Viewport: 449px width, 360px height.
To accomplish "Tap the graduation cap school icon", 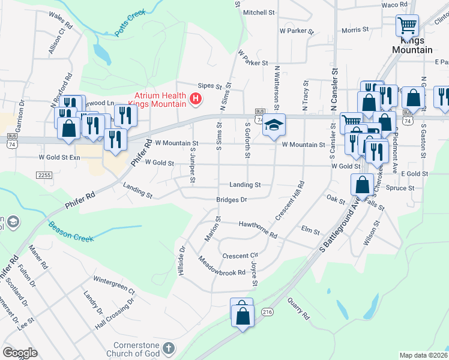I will pos(274,125).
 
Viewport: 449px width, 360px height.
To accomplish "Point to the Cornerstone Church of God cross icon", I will pos(169,348).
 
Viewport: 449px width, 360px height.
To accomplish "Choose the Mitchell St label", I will pos(259,12).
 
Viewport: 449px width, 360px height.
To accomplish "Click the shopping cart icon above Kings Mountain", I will pos(407,26).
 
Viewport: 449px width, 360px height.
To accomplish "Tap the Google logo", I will pos(20,353).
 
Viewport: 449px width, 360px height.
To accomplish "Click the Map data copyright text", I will pos(423,355).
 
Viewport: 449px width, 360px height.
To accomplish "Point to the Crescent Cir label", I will pos(240,256).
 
